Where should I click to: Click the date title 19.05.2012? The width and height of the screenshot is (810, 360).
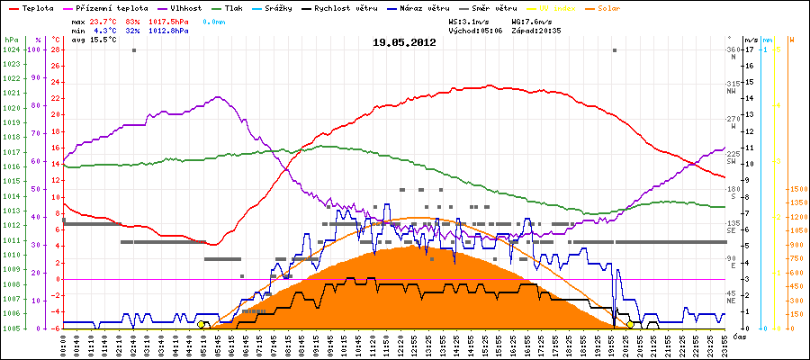[404, 41]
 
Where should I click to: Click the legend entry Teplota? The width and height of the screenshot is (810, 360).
[39, 7]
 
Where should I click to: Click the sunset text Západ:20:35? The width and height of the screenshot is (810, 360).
[538, 30]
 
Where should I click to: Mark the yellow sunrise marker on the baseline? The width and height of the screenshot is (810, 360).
[202, 324]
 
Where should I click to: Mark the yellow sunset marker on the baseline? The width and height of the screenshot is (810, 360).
[630, 324]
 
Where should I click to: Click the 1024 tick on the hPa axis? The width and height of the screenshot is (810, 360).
[11, 50]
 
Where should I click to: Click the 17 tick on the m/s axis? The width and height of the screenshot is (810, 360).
[749, 50]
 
